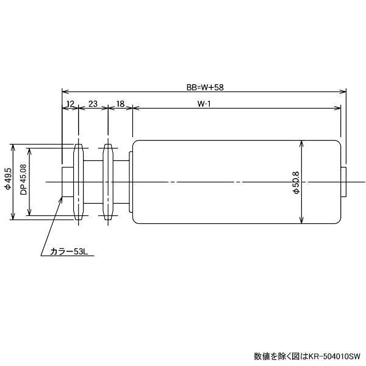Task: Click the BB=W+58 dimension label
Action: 206,87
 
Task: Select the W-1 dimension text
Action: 204,104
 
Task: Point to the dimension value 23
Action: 93,104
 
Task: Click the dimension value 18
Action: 120,104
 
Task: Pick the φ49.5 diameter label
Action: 7,181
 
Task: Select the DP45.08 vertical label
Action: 23,181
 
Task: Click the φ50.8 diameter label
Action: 296,182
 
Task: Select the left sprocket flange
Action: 78,182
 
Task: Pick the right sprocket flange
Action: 109,182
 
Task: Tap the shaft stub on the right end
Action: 343,182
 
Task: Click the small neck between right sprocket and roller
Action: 124,182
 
